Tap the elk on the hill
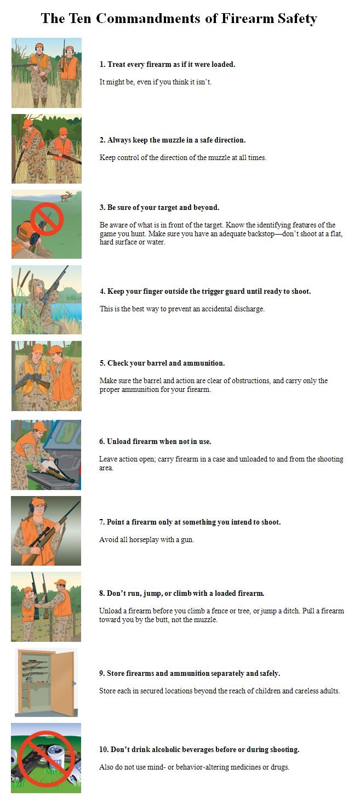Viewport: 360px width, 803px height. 67,196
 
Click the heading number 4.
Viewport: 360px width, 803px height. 102,291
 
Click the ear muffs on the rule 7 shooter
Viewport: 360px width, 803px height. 32,508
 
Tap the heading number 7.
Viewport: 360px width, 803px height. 102,522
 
